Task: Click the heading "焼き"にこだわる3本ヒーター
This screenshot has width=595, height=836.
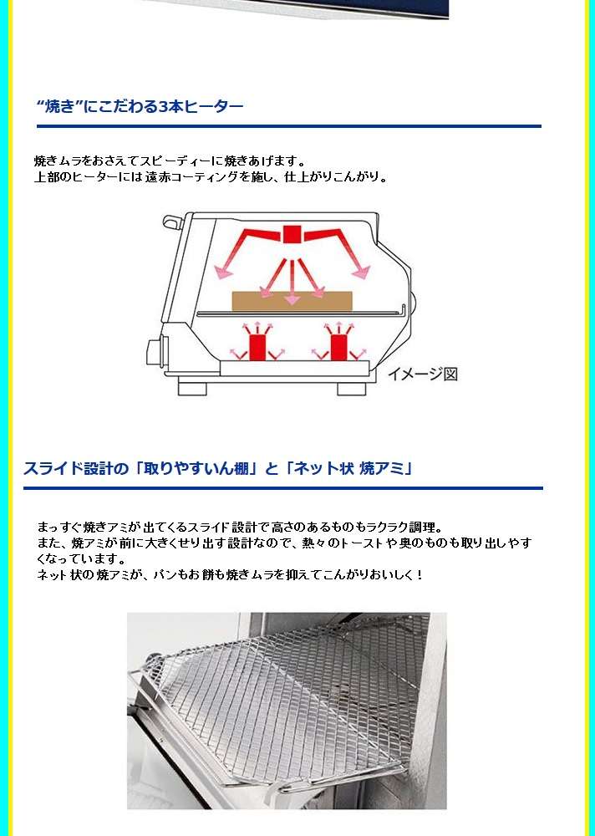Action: pyautogui.click(x=140, y=106)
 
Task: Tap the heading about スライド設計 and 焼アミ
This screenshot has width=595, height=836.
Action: pyautogui.click(x=218, y=468)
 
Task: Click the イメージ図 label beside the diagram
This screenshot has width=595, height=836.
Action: pyautogui.click(x=423, y=374)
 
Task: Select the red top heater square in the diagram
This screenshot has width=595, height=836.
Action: pyautogui.click(x=292, y=234)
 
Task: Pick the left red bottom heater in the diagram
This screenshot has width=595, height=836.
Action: pyautogui.click(x=257, y=347)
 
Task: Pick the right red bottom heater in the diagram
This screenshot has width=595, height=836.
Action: pyautogui.click(x=338, y=347)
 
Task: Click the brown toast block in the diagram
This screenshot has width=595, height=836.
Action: pyautogui.click(x=292, y=301)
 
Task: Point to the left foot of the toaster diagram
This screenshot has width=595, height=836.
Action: pyautogui.click(x=192, y=388)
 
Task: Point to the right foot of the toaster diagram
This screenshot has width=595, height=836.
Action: pyautogui.click(x=352, y=388)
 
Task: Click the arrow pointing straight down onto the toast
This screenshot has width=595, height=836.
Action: pyautogui.click(x=292, y=283)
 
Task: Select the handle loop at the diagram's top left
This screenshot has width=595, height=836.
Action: pyautogui.click(x=171, y=222)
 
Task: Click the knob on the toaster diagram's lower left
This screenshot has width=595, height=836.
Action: pyautogui.click(x=155, y=351)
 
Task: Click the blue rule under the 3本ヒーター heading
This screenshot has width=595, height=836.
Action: pyautogui.click(x=289, y=126)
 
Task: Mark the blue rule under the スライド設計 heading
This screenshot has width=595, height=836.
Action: pyautogui.click(x=283, y=488)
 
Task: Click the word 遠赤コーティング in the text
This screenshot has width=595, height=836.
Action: pyautogui.click(x=191, y=177)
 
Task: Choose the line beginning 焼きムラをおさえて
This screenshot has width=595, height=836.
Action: pyautogui.click(x=170, y=161)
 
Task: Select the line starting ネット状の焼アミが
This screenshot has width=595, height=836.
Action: pyautogui.click(x=230, y=575)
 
